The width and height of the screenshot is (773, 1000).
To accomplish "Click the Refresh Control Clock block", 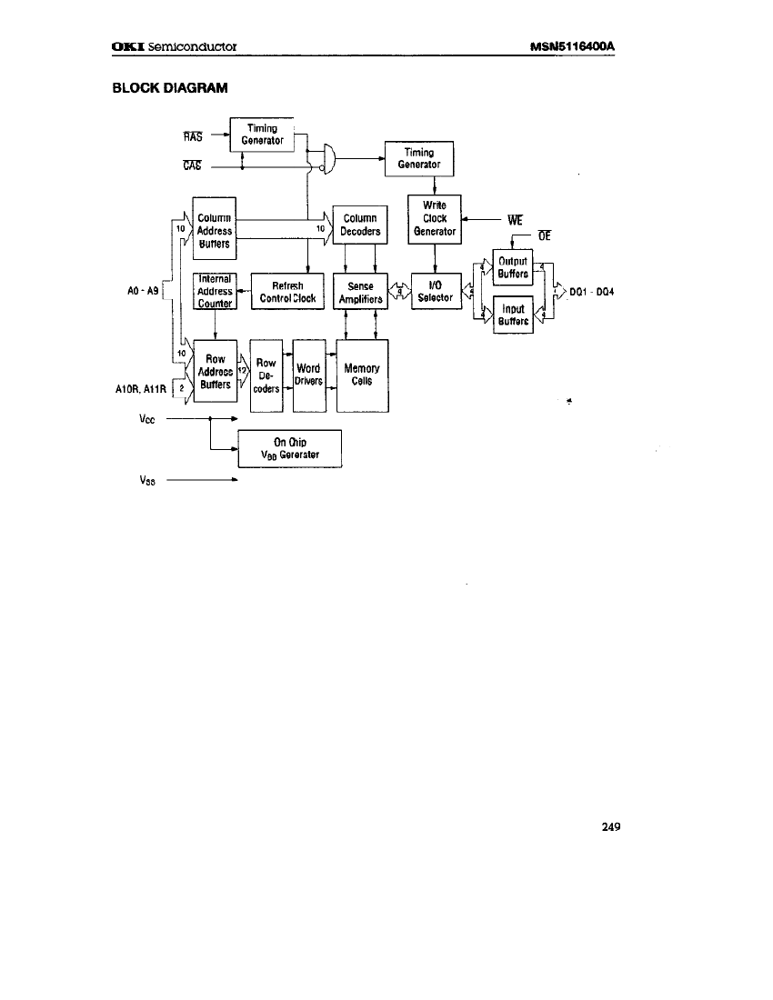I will pos(287,291).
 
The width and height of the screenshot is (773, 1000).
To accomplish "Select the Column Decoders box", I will pos(360,225).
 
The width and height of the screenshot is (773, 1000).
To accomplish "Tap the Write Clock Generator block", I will pos(435,219).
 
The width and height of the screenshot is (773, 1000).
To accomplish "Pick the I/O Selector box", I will pos(435,291).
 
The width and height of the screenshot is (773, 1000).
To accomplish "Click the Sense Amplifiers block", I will pos(361,291).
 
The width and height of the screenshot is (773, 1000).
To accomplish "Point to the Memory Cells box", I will pos(361,375).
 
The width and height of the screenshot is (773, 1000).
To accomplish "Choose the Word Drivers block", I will pos(308,375).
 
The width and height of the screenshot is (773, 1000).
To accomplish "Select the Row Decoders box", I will pos(266,375).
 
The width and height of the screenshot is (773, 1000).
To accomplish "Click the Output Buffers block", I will pos(513,267).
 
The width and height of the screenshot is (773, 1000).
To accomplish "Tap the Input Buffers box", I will pos(513,315).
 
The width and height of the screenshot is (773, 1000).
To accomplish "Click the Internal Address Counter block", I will pos(215,291).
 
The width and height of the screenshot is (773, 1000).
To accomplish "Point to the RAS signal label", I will pos(192,138).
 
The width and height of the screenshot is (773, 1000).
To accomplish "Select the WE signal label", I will pos(510,219).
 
